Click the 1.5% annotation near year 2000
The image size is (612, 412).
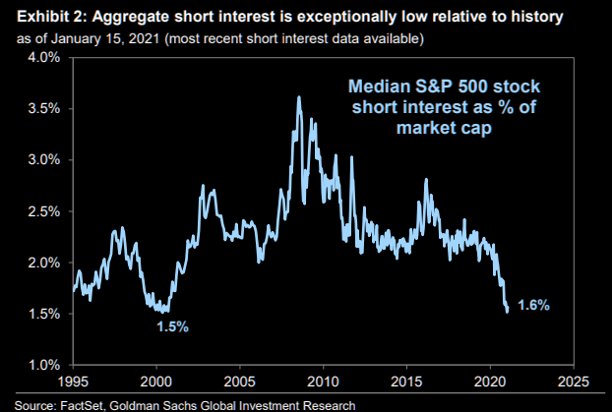tap(171, 324)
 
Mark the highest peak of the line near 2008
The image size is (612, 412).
tap(298, 96)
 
